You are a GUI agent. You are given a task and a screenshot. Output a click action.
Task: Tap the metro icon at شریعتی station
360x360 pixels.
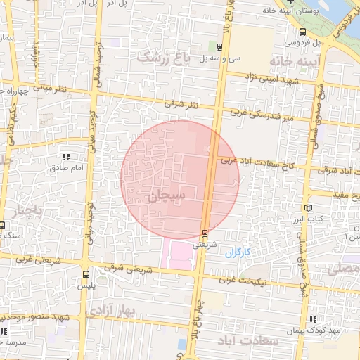tap(205, 233)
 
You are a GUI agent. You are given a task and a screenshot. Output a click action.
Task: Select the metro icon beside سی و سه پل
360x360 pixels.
tap(221, 48)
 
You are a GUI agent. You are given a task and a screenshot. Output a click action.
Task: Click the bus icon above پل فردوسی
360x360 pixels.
tap(302, 32)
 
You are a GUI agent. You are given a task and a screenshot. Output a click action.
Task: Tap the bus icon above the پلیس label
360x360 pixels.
tap(86, 275)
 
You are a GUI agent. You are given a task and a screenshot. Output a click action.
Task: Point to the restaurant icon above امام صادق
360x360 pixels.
tap(67, 157)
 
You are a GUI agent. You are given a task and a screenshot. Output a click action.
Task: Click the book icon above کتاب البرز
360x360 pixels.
tap(307, 209)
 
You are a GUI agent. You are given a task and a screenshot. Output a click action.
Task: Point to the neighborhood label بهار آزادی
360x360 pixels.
tap(112, 310)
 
